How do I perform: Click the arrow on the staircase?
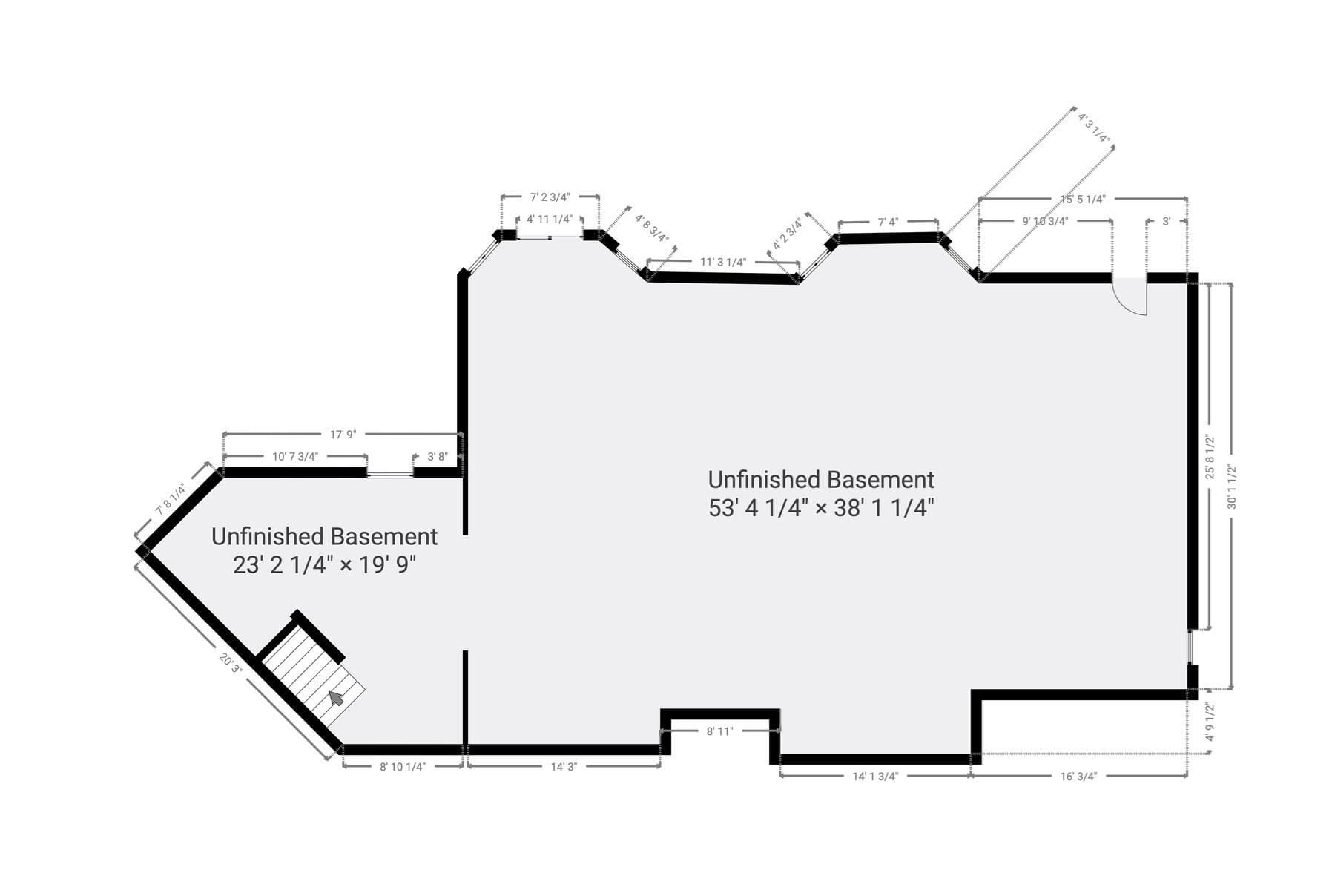337,698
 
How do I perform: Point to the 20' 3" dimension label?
231,662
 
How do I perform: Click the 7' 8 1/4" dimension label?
170,500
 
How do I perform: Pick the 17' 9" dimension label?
343,435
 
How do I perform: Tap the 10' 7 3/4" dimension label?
295,457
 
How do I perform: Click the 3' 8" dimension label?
438,457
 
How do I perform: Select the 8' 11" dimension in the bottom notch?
719,731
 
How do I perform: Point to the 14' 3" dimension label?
564,767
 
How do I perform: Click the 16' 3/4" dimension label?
1078,777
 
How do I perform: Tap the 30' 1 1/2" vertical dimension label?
1232,487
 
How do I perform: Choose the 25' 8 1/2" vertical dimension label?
1210,457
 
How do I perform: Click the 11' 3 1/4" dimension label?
723,262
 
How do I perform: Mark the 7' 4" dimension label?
888,222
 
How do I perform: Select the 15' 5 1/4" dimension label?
1083,199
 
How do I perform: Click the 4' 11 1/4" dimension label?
550,219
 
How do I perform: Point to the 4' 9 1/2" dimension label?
1210,722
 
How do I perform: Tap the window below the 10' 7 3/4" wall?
390,474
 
